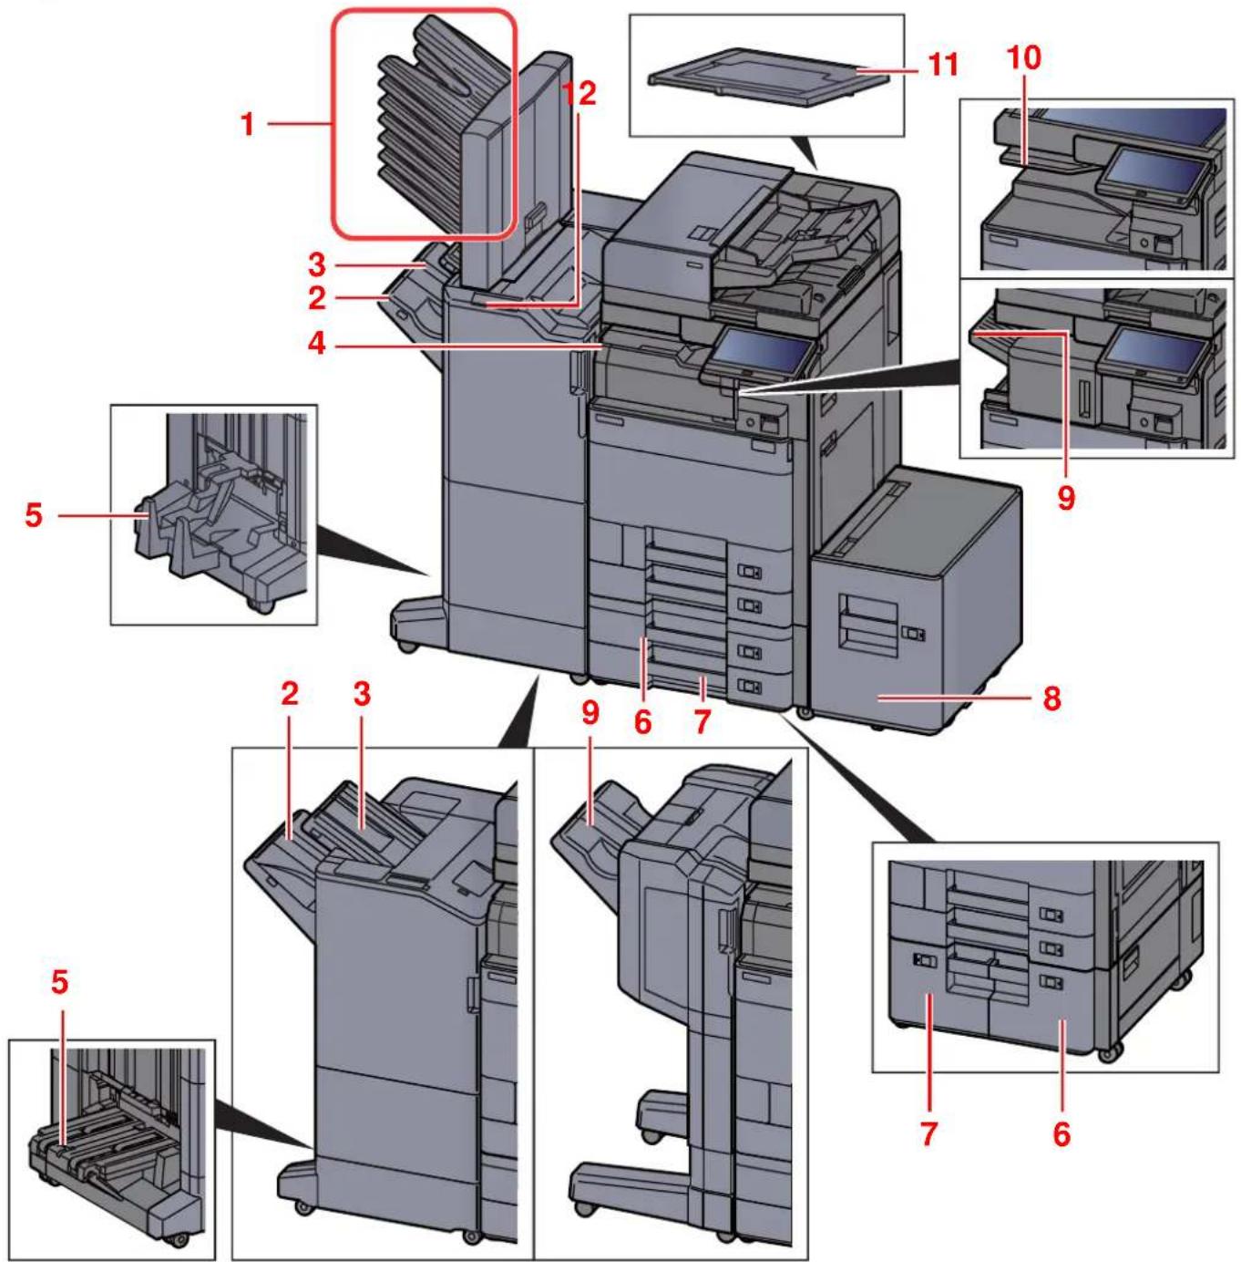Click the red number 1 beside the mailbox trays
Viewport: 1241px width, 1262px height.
[247, 124]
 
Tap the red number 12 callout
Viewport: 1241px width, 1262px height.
[579, 92]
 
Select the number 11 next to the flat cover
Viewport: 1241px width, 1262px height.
[943, 65]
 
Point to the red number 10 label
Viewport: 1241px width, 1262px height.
[1023, 57]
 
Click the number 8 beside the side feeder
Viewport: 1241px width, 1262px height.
[1051, 698]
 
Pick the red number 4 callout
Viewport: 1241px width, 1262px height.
[316, 345]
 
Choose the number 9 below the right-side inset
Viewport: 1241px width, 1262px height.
[1065, 497]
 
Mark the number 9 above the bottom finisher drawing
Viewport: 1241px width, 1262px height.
[590, 712]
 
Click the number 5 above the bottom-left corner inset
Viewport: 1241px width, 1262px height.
[59, 983]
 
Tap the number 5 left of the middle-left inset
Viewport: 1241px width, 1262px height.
[34, 515]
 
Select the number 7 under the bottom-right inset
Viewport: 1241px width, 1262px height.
[928, 1133]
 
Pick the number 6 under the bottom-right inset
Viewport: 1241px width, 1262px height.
[1062, 1133]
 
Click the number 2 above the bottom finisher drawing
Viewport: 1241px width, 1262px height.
[289, 694]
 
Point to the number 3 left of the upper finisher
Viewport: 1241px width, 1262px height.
[316, 264]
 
